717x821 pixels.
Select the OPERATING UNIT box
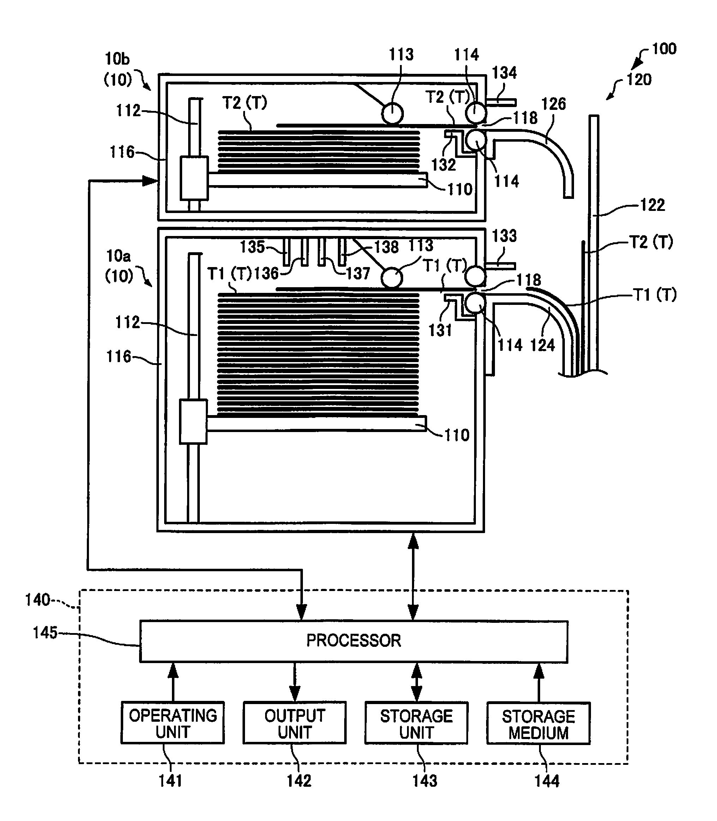click(172, 723)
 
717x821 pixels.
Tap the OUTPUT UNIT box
click(294, 723)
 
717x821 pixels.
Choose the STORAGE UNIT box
click(416, 723)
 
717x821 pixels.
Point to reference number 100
click(664, 49)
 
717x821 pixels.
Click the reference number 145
click(45, 633)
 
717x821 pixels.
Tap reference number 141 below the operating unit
click(171, 781)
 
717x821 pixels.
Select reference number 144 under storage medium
click(547, 781)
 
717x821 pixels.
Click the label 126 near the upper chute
click(554, 104)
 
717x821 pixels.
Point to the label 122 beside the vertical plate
click(653, 205)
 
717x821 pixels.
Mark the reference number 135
click(252, 247)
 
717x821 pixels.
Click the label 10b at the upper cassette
click(117, 59)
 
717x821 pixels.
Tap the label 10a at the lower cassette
click(118, 255)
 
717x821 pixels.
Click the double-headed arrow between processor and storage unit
click(417, 682)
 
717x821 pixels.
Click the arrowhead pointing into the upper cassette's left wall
click(150, 181)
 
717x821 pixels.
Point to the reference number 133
click(504, 236)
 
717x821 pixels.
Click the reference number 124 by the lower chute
click(543, 345)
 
